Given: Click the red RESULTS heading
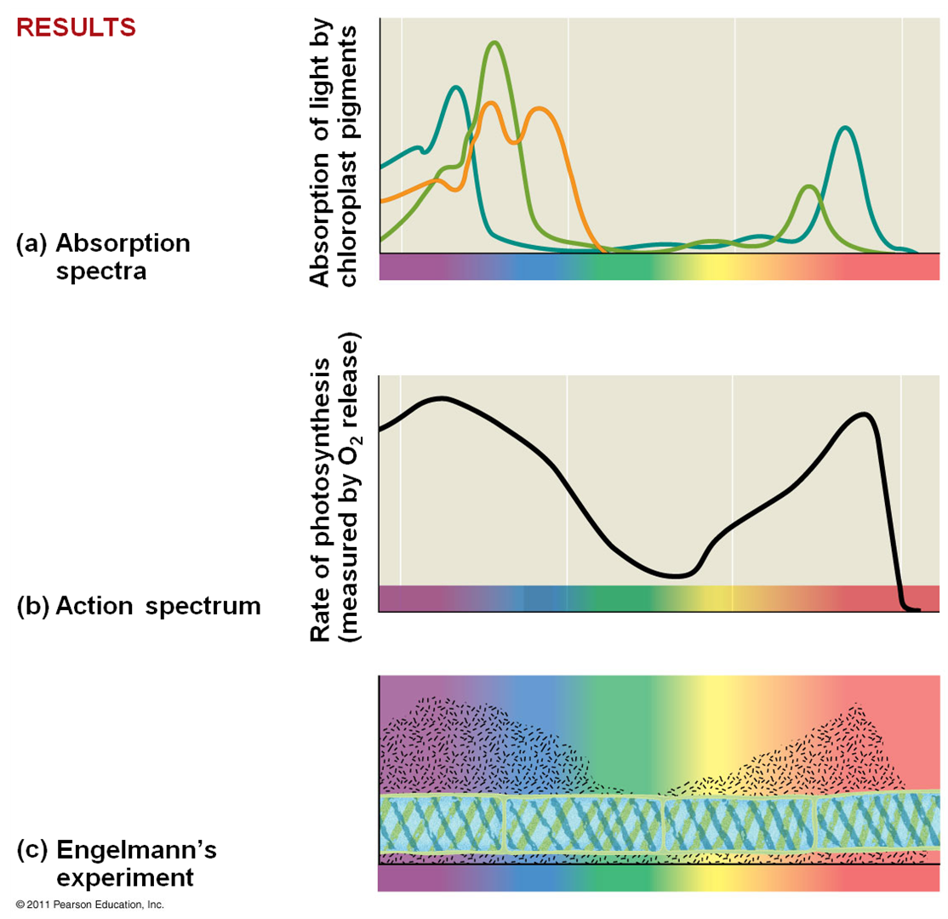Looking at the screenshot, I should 76,27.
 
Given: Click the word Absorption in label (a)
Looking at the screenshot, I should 123,244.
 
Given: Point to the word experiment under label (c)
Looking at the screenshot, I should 125,876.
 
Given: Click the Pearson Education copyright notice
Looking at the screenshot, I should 89,905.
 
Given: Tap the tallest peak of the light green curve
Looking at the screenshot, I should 494,43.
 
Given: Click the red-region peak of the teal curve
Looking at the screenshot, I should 844,128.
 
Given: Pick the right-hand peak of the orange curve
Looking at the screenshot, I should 539,109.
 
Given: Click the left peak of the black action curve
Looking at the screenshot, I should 441,398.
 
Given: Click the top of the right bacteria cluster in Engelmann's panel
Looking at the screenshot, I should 858,705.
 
